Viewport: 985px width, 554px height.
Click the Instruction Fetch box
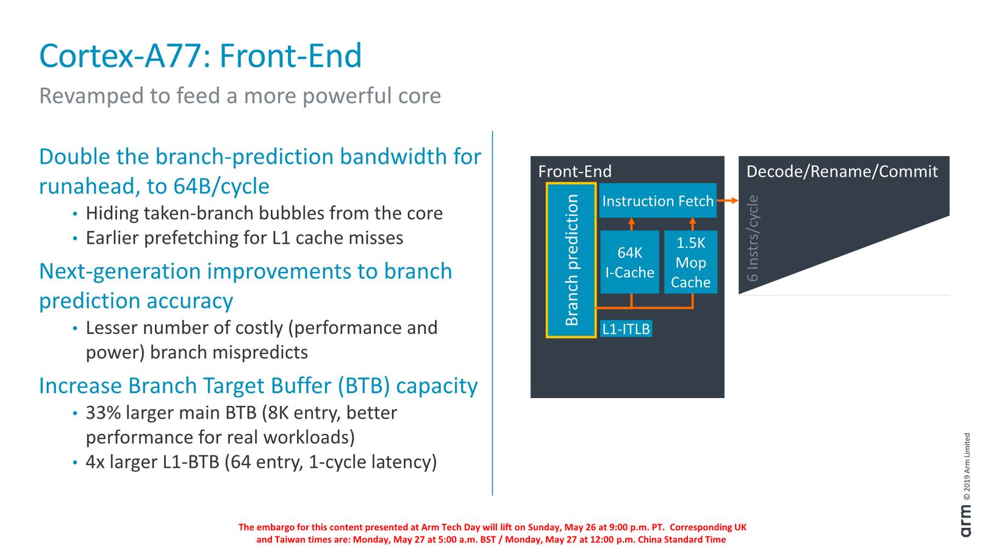tap(658, 201)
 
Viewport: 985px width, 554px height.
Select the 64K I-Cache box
tap(629, 262)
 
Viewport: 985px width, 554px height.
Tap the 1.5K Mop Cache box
tap(690, 262)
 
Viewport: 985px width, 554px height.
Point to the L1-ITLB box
tap(626, 328)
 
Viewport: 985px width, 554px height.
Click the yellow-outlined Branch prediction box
tap(571, 260)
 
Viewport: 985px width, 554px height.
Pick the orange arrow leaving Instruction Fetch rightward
tap(728, 201)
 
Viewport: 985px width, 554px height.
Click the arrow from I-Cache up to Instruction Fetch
tap(631, 224)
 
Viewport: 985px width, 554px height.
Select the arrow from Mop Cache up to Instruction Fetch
tap(693, 224)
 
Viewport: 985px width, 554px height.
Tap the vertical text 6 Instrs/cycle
tap(753, 238)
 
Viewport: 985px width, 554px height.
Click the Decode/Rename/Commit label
tap(842, 171)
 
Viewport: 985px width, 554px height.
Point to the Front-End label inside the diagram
tap(575, 171)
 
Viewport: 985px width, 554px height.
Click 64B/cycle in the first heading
tap(221, 186)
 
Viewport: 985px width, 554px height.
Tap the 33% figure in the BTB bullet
tap(103, 413)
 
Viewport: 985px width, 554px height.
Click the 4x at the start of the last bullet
tap(95, 462)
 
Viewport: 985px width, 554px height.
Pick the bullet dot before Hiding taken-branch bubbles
tap(75, 214)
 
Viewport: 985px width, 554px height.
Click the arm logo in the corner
tap(965, 521)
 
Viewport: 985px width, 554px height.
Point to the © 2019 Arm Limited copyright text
tap(967, 467)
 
